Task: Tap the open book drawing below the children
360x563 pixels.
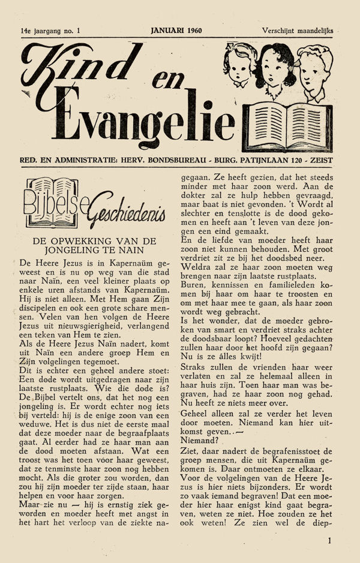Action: pos(286,125)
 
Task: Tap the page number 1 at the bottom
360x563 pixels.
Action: pos(329,540)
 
